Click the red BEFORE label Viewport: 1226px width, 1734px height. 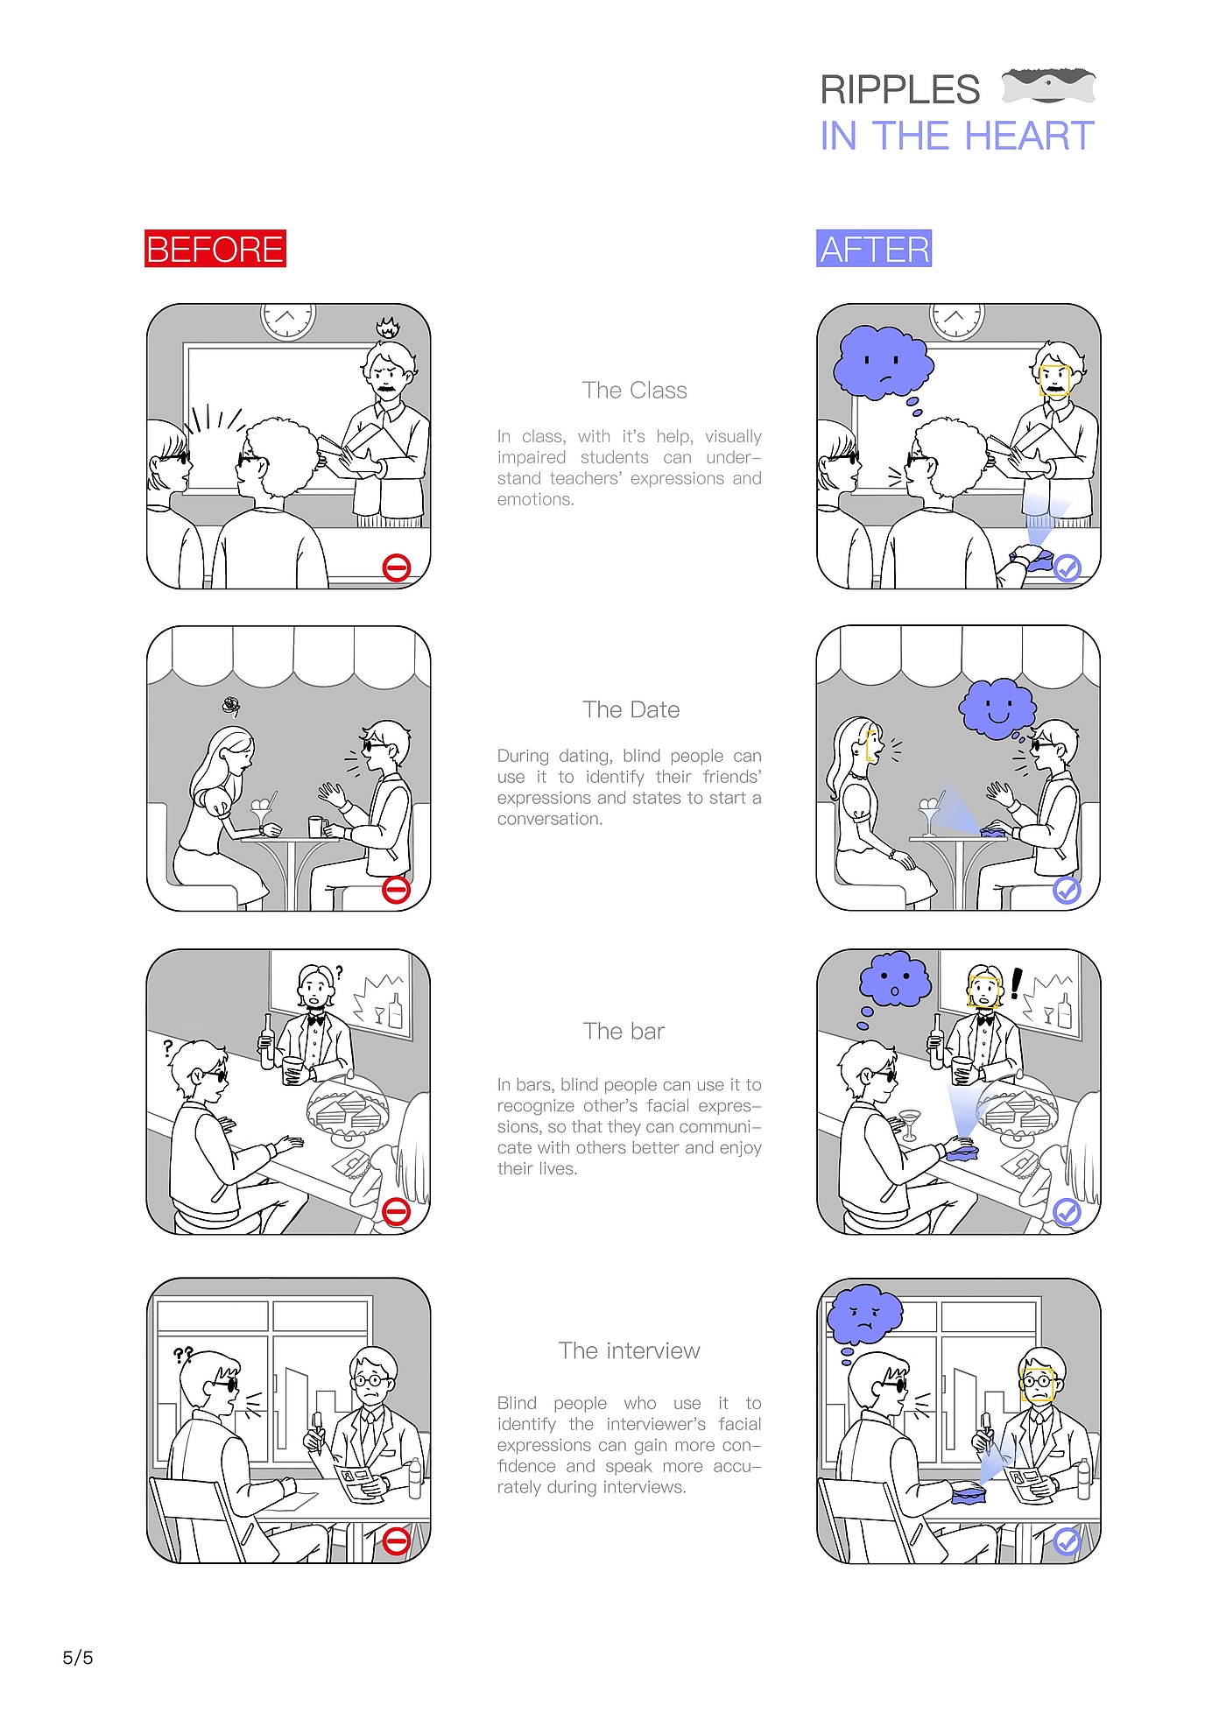click(215, 249)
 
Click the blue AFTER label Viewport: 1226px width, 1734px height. click(874, 249)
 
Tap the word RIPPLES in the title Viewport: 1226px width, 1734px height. click(900, 89)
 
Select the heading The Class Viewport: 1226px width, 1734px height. click(635, 391)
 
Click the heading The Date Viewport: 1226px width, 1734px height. click(631, 710)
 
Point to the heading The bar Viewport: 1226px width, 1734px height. click(624, 1032)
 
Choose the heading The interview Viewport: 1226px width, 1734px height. click(630, 1351)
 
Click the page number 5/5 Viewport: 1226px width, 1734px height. click(78, 1658)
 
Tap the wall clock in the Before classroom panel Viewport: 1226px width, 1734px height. click(287, 321)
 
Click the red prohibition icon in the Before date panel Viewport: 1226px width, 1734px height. click(397, 890)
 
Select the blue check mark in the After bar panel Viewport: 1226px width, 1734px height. click(1067, 1213)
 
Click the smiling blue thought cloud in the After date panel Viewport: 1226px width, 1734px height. click(997, 708)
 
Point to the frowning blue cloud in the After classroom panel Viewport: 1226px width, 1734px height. click(883, 363)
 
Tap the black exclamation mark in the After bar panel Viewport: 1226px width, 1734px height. click(1016, 983)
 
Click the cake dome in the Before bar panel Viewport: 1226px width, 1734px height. click(348, 1109)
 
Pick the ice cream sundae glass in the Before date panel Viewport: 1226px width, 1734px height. click(262, 814)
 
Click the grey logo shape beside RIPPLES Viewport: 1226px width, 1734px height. click(1048, 85)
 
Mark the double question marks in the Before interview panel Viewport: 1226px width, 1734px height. click(183, 1357)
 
